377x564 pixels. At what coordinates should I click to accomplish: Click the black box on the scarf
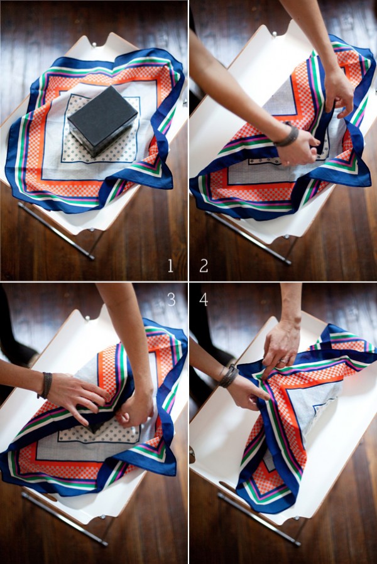pos(102,120)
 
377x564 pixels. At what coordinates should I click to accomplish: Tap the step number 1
pos(170,266)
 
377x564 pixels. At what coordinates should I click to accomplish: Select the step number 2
pos(204,266)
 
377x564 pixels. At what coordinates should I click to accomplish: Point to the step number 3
pos(171,299)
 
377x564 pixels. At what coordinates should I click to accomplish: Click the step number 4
pos(204,299)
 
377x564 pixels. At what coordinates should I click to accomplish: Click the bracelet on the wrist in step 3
pos(46,385)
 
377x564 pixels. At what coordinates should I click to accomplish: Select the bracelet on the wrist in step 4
pos(229,376)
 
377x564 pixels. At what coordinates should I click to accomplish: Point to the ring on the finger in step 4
pos(283,360)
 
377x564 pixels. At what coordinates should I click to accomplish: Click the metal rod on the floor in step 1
pos(56,231)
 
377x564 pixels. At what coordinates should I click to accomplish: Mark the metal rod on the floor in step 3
pos(64,519)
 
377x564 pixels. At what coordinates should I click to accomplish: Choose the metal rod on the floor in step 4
pos(259,519)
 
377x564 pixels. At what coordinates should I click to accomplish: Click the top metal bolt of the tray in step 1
pos(95,45)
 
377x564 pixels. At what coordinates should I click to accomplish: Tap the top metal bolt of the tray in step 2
pos(275,34)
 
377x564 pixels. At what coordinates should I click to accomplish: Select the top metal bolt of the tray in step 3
pos(87,318)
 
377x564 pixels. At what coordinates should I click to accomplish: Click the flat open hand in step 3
pos(79,396)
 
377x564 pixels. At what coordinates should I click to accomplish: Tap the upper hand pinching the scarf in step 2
pos(339,93)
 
